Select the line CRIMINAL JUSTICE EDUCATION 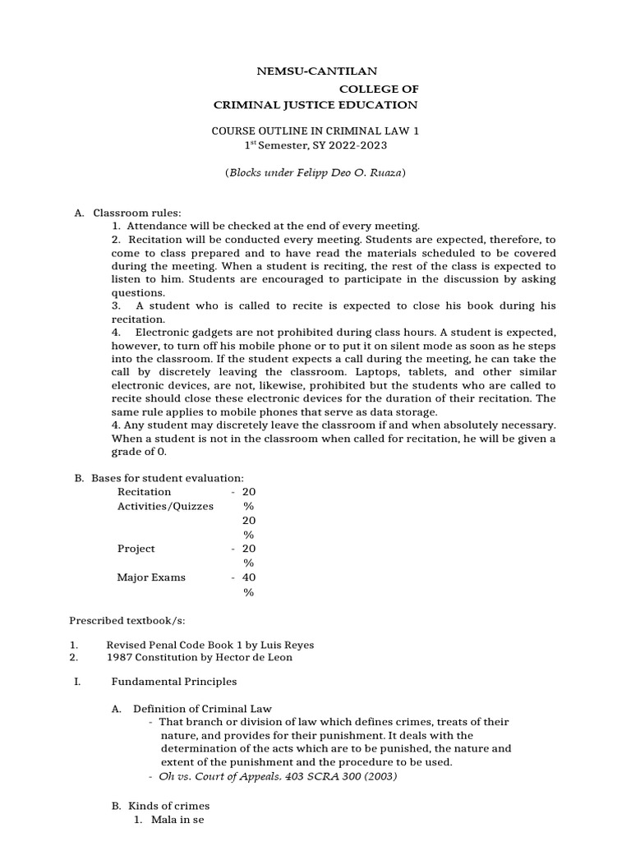point(315,104)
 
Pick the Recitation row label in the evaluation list point(145,492)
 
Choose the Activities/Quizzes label point(165,506)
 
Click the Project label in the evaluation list point(136,549)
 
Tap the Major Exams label point(151,577)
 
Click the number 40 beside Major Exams point(249,577)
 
